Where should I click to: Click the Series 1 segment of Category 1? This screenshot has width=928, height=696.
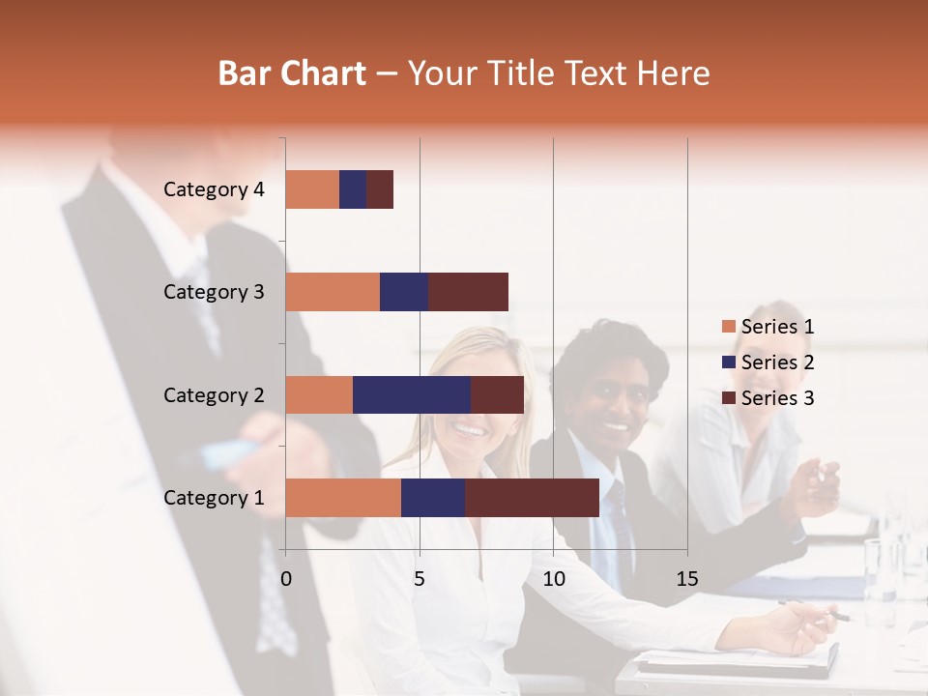[343, 498]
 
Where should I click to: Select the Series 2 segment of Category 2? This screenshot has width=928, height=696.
[412, 394]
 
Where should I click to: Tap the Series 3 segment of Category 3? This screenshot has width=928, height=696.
[468, 292]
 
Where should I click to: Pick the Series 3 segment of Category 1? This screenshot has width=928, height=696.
[532, 498]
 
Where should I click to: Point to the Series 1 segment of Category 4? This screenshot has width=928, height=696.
[312, 189]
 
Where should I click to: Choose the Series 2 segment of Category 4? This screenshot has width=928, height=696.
[353, 189]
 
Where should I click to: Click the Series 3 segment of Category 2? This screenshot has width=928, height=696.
[497, 394]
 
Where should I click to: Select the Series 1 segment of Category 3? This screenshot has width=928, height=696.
[333, 292]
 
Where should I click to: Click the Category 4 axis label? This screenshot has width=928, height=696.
[214, 189]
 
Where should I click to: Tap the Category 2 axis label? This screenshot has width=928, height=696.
[214, 394]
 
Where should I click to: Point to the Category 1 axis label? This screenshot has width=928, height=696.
[214, 498]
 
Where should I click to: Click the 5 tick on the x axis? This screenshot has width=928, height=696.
[420, 579]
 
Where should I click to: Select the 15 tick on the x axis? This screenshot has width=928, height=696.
[686, 579]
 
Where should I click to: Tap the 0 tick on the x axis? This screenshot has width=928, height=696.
[286, 579]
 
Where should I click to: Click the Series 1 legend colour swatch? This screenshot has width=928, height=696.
[728, 327]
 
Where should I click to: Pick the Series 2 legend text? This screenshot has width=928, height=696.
[777, 362]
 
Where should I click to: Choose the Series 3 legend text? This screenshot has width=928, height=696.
[777, 398]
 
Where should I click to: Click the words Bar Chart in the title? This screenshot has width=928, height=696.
[292, 72]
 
